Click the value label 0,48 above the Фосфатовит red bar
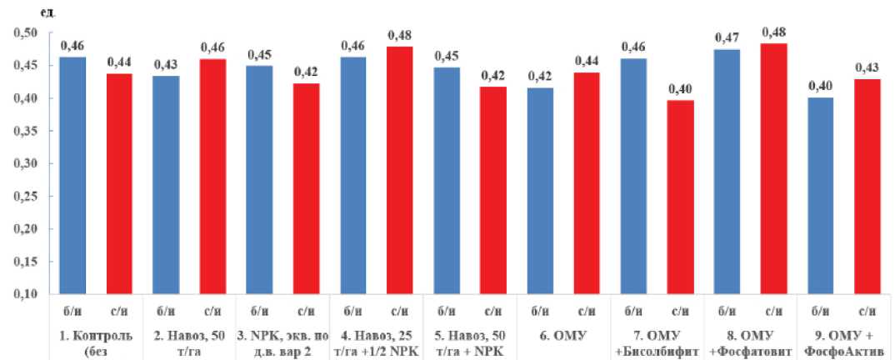(x=774, y=32)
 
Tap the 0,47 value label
(x=727, y=37)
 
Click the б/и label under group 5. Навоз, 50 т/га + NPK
(x=447, y=311)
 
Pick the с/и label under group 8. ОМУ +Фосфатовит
(x=774, y=311)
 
